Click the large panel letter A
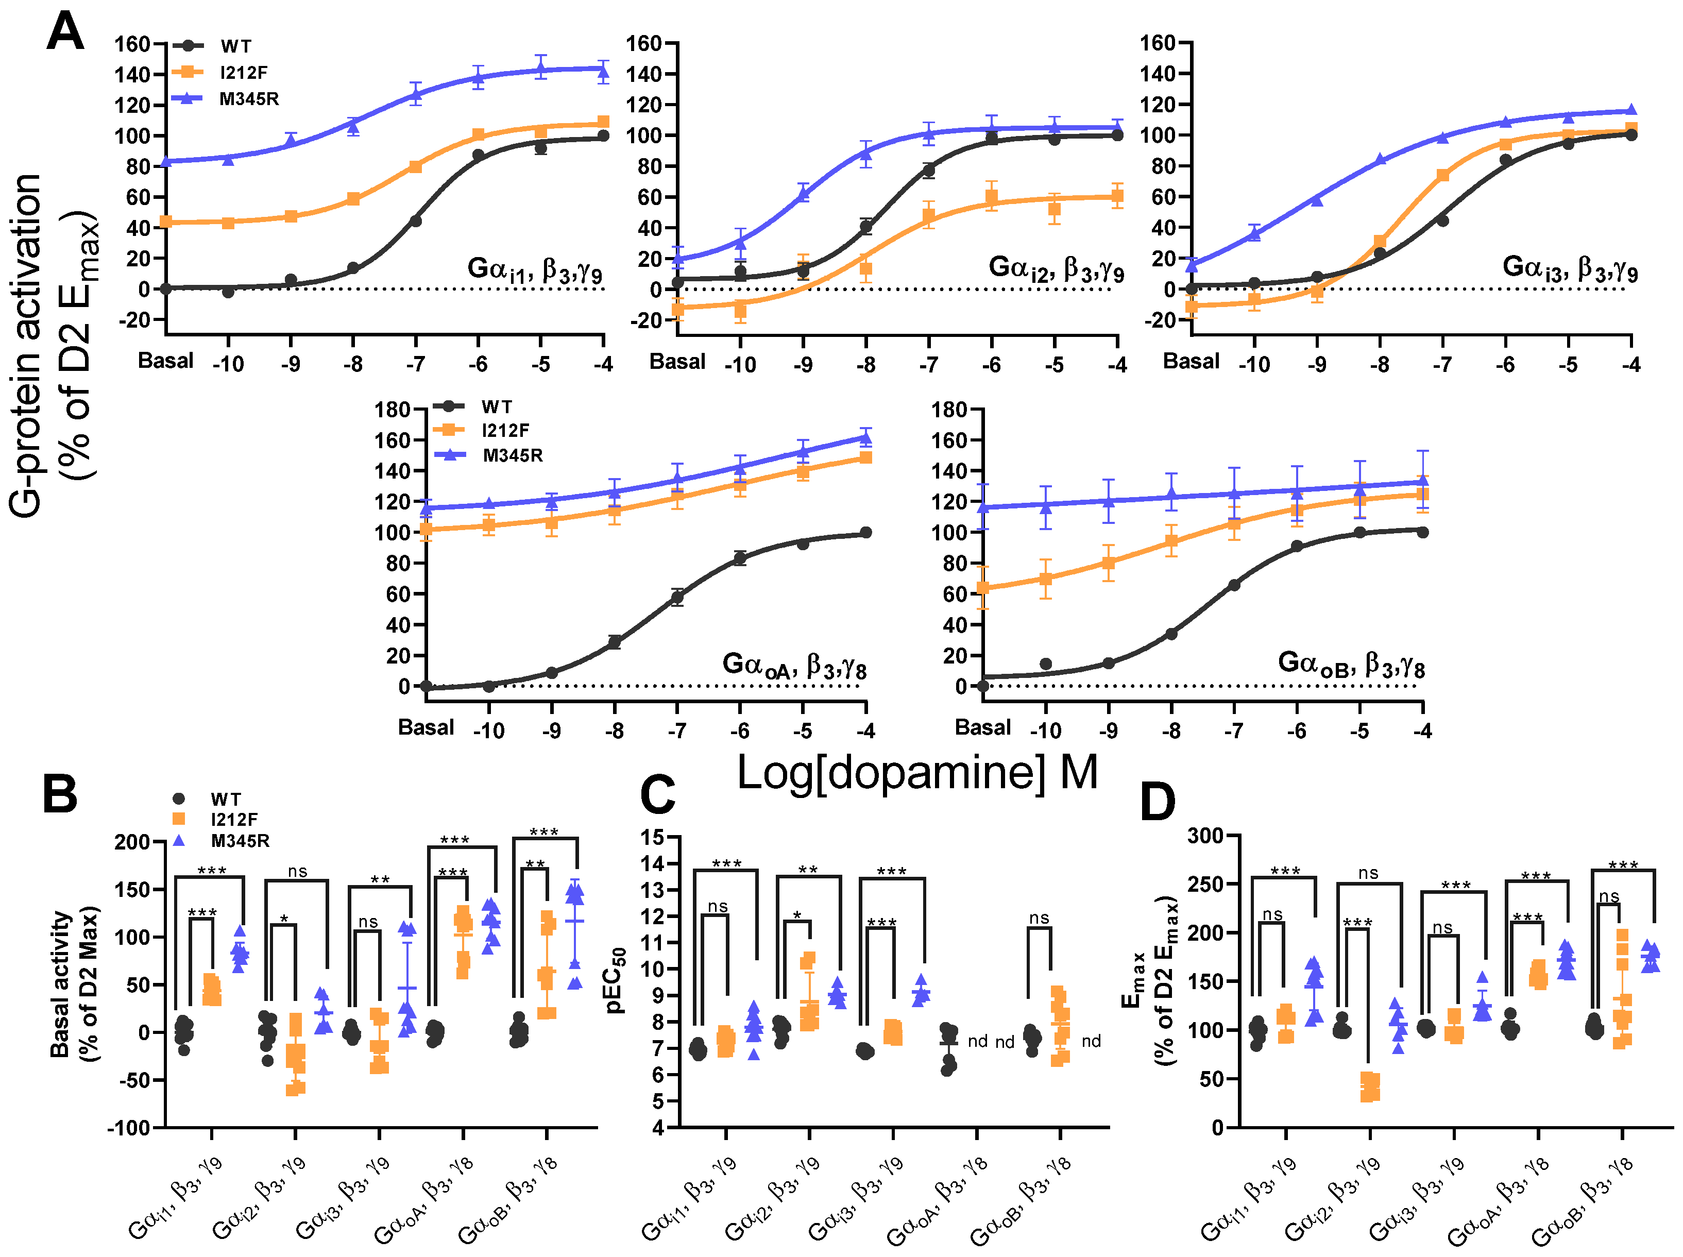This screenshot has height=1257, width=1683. tap(65, 32)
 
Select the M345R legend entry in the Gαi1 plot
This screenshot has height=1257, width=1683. tap(248, 99)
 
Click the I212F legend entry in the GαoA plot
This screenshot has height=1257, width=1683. tap(504, 431)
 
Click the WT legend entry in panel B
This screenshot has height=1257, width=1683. tap(225, 799)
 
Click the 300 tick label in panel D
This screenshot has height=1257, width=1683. tap(1205, 836)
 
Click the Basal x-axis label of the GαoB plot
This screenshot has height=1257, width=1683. tap(982, 727)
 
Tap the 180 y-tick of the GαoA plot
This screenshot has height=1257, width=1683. tap(393, 410)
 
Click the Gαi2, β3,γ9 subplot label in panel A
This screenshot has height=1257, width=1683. tap(1056, 268)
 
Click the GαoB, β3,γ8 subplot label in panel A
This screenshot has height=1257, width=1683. tap(1351, 664)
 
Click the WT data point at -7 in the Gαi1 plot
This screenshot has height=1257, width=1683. tap(415, 220)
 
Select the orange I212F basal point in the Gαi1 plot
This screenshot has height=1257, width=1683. tap(166, 222)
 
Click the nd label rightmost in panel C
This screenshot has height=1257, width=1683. tap(1091, 1041)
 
